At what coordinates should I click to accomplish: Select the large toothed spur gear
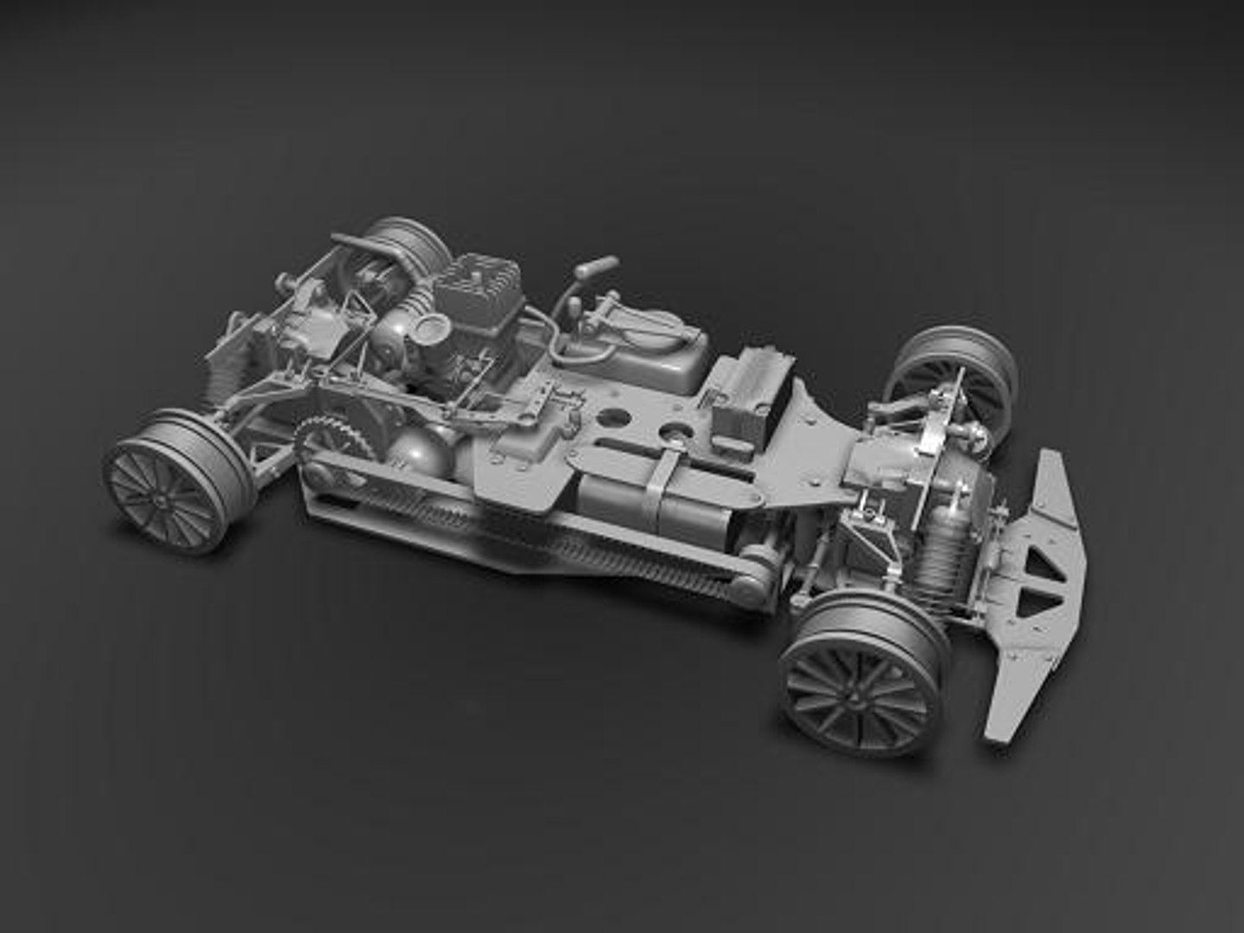[333, 441]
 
